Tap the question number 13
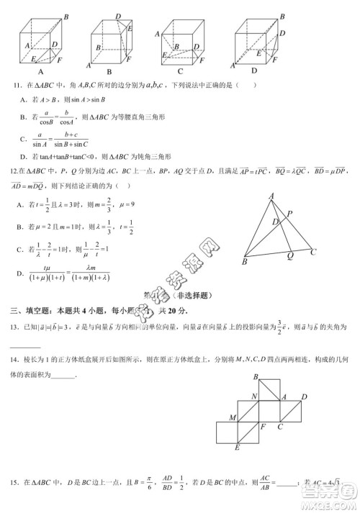click(13, 328)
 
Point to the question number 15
click(13, 481)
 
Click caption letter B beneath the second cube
click(109, 72)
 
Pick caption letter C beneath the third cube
click(180, 72)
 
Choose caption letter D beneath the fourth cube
click(254, 72)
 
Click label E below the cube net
click(237, 448)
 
